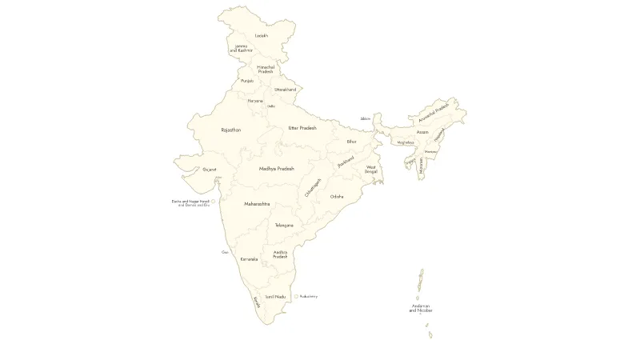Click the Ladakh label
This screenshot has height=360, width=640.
coord(262,36)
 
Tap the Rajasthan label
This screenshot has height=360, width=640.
coord(231,130)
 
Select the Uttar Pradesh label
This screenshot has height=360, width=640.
coord(302,128)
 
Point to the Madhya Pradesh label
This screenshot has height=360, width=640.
coord(277,169)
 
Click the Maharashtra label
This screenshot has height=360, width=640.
coord(257,204)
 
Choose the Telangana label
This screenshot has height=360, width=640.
coord(284,226)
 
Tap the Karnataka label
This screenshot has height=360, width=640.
coord(249,259)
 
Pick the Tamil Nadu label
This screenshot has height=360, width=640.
coord(275,297)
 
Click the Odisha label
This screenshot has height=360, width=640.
coord(337,197)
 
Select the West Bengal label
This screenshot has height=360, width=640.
coord(371,170)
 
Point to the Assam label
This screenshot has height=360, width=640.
coord(422,132)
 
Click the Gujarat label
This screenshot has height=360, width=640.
coord(210,170)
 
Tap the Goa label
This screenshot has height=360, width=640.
coord(225,252)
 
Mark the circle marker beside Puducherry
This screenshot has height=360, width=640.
coord(296,297)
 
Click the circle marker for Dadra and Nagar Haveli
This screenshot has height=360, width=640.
coord(213,202)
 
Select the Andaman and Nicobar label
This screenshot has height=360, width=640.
coord(421,308)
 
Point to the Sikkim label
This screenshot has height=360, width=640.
coord(365,118)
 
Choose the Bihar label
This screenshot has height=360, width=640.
coord(351,142)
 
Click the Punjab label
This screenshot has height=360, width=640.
coord(247,81)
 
